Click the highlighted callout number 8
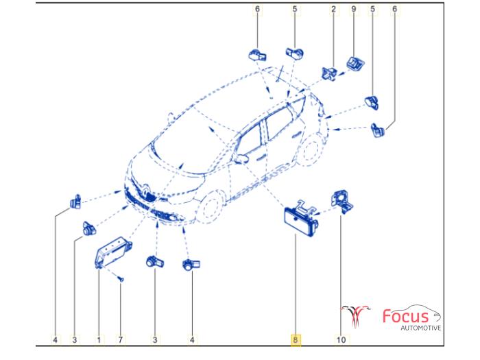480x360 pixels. (x=296, y=339)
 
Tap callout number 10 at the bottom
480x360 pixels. (x=341, y=339)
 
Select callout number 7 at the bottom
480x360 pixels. (x=120, y=339)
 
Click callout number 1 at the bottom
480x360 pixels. (x=99, y=339)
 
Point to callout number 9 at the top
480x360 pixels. (x=354, y=9)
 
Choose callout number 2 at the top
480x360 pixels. (x=333, y=9)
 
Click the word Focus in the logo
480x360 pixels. (x=406, y=316)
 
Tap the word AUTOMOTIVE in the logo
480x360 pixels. (x=421, y=328)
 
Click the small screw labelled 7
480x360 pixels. (x=121, y=279)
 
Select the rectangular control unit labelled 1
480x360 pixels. (x=112, y=252)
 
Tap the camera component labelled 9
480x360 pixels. (x=355, y=63)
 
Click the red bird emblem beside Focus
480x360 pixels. (x=355, y=315)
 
